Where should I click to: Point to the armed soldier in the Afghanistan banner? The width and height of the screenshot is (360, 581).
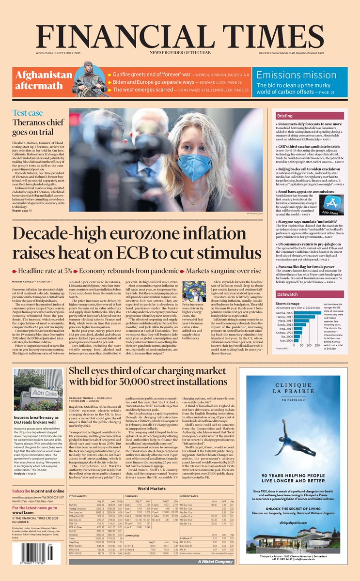pos(89,79)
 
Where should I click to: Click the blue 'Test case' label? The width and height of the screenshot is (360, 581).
pos(27,112)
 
